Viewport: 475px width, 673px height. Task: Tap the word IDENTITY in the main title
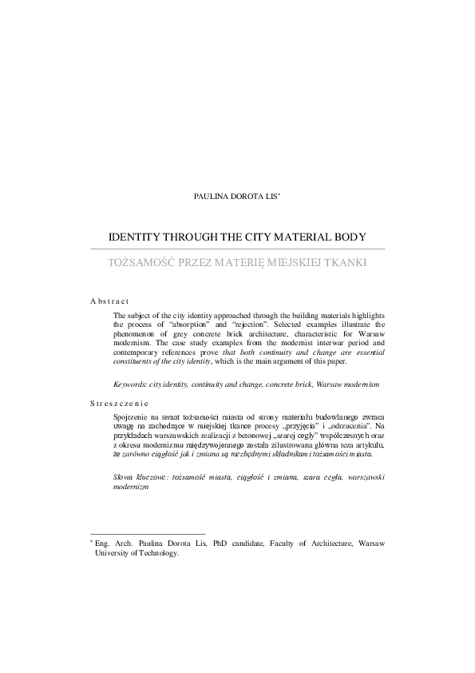click(x=138, y=237)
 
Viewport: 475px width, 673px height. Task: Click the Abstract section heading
click(x=109, y=301)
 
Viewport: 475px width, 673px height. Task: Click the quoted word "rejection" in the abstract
click(x=250, y=325)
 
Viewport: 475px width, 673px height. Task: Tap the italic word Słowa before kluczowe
click(x=126, y=477)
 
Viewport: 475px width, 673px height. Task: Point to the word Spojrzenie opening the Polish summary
click(x=135, y=418)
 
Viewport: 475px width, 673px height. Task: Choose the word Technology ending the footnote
click(x=160, y=552)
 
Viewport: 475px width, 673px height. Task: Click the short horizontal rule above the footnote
click(x=148, y=533)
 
